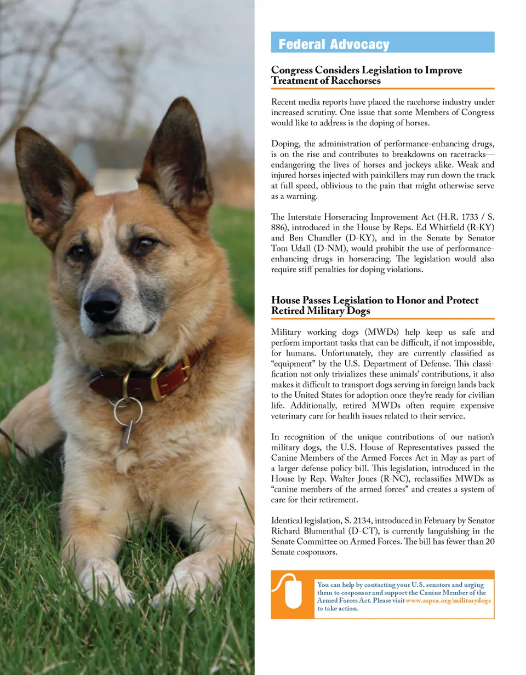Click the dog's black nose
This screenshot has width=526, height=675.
(x=102, y=305)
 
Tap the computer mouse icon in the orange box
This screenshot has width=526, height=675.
(x=293, y=593)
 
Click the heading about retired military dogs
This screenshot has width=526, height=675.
(x=375, y=306)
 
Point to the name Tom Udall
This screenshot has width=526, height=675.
(x=289, y=249)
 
